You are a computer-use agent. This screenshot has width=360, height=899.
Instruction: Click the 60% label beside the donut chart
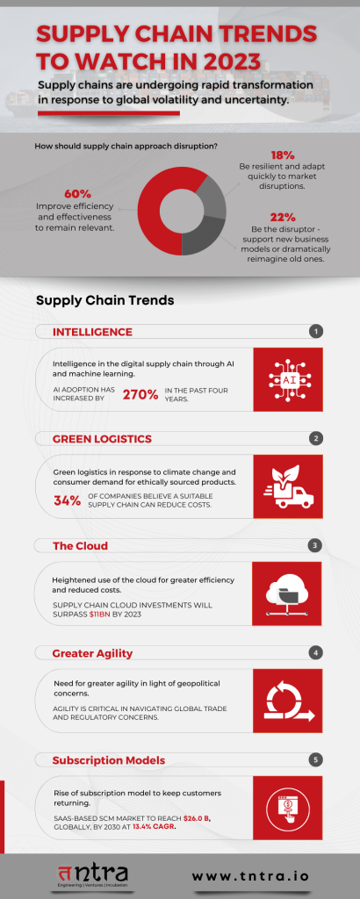78,194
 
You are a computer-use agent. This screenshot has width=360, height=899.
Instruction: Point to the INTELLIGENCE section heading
92,332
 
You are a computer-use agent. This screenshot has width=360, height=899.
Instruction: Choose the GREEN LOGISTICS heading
102,438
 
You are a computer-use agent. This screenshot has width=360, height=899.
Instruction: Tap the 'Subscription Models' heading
107,759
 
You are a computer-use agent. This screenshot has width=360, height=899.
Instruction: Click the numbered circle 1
316,332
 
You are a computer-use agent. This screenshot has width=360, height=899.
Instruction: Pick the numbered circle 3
316,545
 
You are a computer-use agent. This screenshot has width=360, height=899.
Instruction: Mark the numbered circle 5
316,759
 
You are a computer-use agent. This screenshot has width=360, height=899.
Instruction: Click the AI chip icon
289,379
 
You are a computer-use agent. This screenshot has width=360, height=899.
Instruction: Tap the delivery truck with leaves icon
289,486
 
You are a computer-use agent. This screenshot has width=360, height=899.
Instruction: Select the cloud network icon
289,593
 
